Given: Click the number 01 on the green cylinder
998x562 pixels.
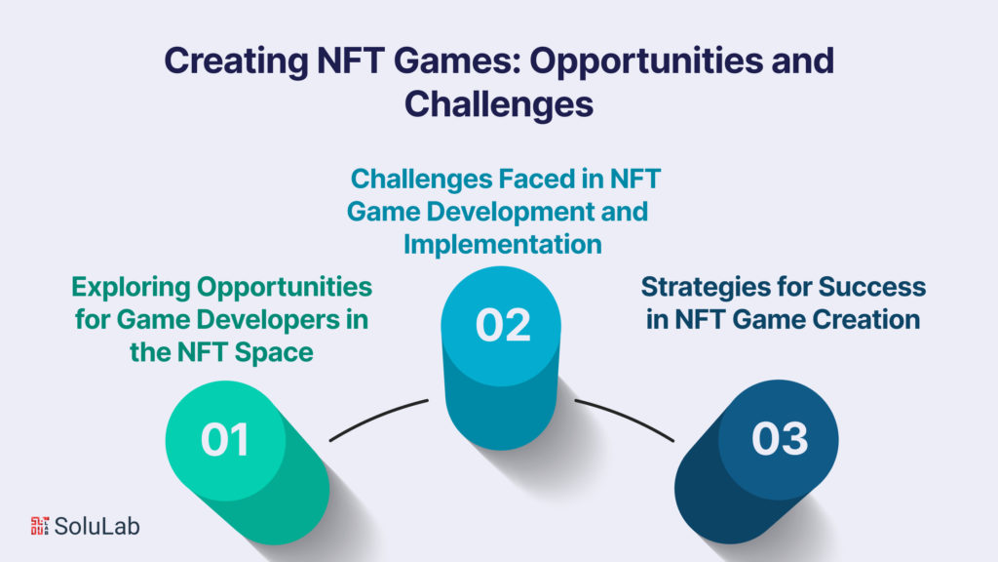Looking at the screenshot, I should point(225,440).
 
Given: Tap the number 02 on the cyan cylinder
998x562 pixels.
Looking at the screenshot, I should point(502,325).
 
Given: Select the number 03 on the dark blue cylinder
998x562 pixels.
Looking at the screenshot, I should point(779,440).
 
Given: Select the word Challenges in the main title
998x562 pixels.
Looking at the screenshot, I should point(499,102).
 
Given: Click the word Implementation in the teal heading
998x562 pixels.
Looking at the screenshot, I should point(502,244).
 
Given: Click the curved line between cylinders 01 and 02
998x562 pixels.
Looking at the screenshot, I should point(377,418).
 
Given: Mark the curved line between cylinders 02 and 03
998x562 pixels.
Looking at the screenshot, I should point(625,418).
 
